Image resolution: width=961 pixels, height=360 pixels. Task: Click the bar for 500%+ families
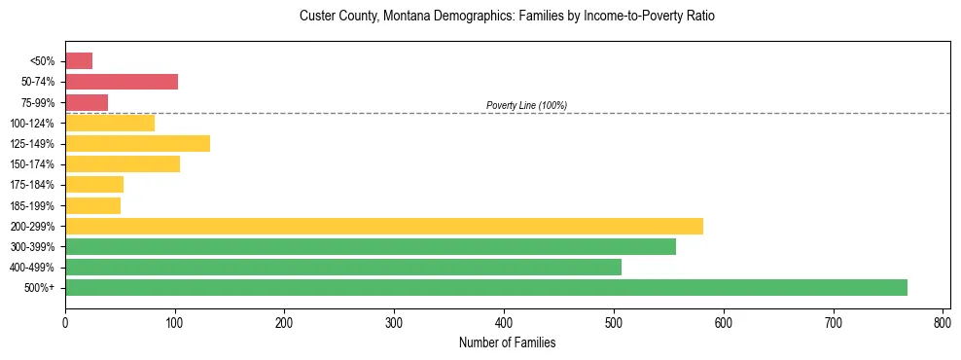(x=486, y=287)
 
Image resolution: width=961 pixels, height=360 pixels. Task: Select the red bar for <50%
(x=79, y=61)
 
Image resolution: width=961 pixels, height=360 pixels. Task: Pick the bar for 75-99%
(x=87, y=102)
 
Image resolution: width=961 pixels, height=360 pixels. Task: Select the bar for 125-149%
(x=137, y=143)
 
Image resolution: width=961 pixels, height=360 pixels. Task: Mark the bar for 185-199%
(x=92, y=205)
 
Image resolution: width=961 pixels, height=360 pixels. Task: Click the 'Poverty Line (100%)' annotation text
(x=526, y=105)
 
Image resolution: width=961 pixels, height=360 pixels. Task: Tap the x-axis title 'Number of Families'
(x=508, y=342)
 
